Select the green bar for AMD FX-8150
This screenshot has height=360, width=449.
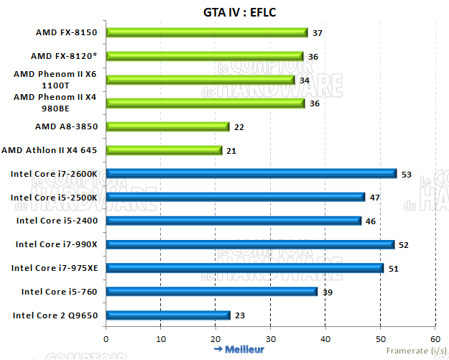207,32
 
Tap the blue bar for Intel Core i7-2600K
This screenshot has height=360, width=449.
251,173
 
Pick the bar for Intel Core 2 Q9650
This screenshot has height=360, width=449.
168,315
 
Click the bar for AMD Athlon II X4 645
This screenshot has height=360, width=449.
165,150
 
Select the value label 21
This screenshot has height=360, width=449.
231,151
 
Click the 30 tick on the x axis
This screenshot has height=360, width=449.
270,338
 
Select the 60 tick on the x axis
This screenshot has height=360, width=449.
434,338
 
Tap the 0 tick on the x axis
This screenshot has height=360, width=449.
106,338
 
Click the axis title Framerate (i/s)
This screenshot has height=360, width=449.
415,351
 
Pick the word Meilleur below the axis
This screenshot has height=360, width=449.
245,349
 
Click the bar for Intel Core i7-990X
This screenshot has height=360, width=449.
250,244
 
